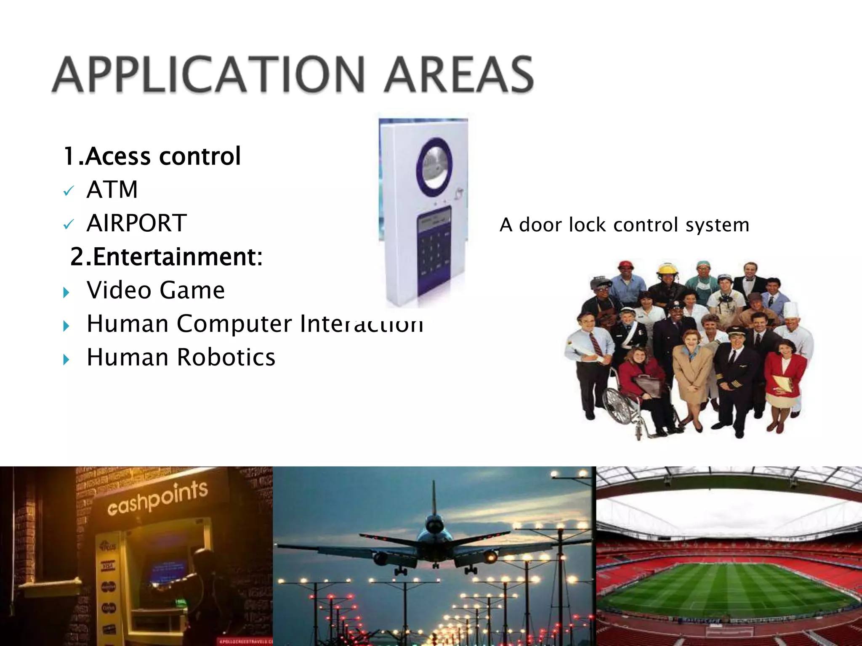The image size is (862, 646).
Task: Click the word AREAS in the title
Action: point(458,74)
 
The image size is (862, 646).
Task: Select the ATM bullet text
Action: point(112,190)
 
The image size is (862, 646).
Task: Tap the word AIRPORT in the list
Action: point(136,223)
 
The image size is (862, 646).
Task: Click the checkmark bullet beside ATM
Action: point(68,191)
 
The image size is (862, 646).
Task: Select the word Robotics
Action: point(226,357)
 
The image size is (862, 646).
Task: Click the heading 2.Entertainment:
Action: point(166,257)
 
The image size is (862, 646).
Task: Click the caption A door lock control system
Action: point(625,225)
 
